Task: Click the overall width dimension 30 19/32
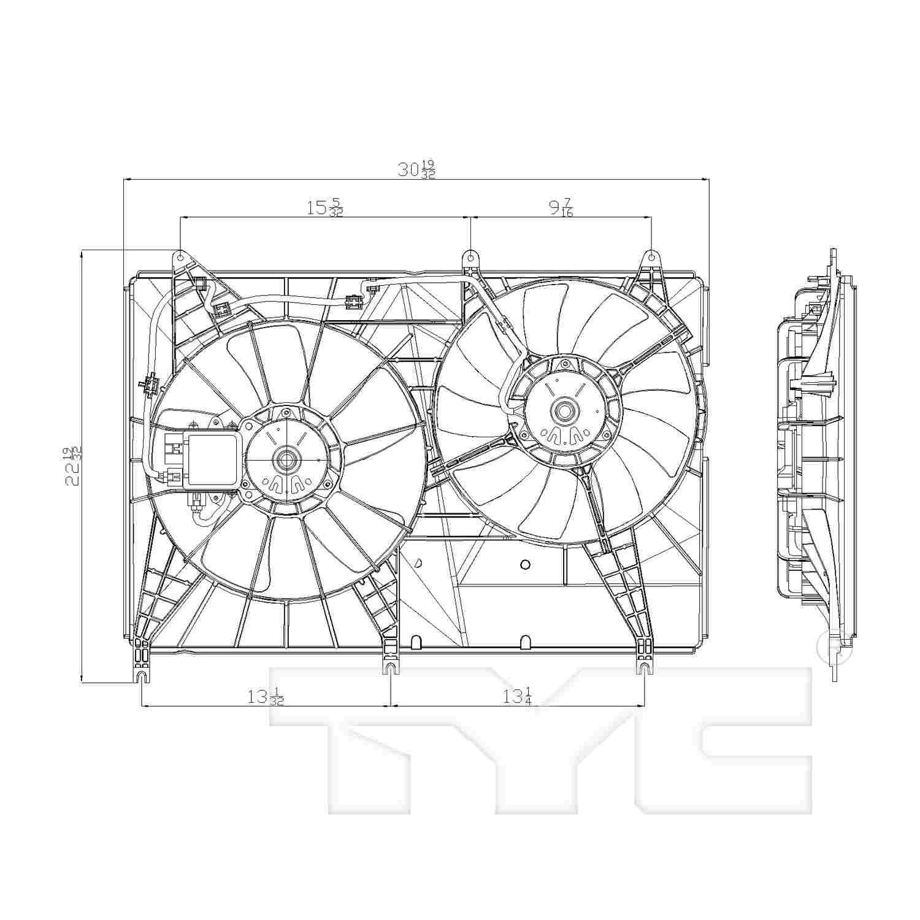pos(416,169)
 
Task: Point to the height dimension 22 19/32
pos(73,467)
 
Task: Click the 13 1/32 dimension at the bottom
pos(266,697)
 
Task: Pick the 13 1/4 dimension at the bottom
pos(516,697)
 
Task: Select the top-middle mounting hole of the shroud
pos(470,255)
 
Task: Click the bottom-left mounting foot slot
pos(142,676)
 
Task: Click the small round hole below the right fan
pos(524,564)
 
